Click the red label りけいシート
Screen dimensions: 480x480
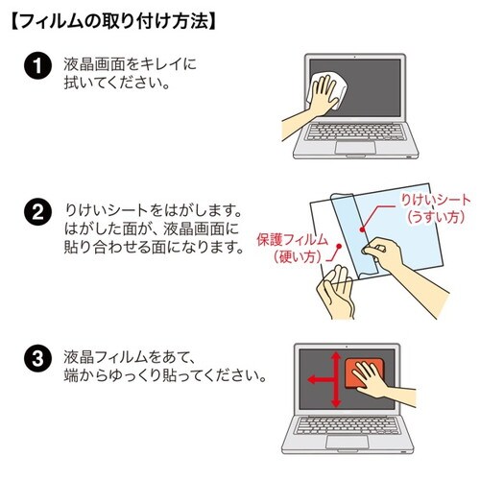[x=437, y=199]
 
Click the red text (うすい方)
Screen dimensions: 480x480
[x=437, y=217]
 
